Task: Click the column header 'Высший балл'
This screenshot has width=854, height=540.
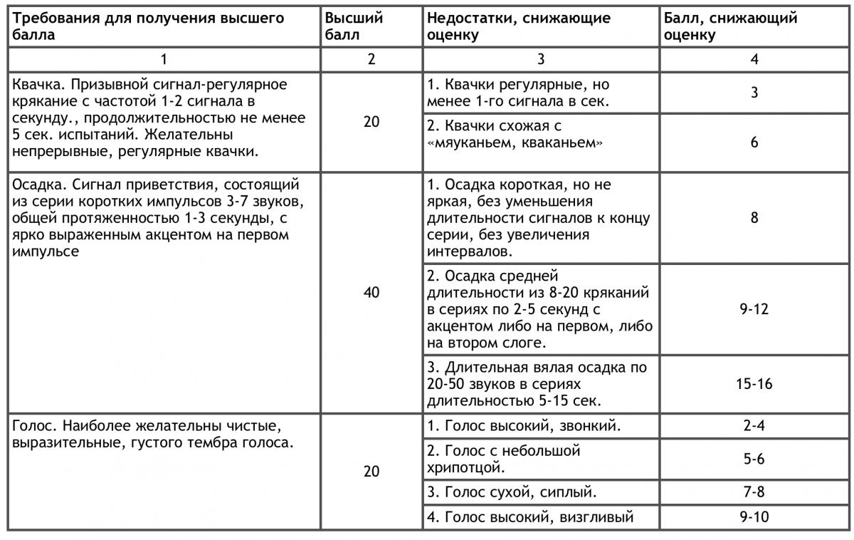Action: tap(354, 26)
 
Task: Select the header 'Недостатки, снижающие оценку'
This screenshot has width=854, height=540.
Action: tap(519, 26)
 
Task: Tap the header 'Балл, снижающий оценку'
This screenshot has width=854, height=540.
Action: tap(730, 26)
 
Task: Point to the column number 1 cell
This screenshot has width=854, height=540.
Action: tap(163, 59)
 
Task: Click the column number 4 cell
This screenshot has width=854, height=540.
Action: tap(754, 59)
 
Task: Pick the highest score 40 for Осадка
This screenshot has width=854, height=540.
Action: tap(371, 292)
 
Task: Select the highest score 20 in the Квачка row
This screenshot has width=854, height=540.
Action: tap(371, 122)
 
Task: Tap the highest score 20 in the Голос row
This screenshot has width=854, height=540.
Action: tap(371, 472)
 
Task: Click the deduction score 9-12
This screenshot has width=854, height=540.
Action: tap(754, 309)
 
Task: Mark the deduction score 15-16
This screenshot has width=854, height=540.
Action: tap(754, 384)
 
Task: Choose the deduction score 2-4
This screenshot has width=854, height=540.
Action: tap(754, 427)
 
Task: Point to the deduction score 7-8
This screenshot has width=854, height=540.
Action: tap(754, 492)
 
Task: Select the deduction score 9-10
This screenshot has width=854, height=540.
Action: tap(754, 517)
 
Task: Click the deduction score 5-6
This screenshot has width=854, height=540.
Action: tap(754, 459)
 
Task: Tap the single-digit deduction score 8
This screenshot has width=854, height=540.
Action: tap(754, 217)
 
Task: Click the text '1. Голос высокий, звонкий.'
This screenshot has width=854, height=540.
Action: tap(524, 427)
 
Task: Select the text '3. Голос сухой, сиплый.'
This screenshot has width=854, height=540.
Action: tap(512, 492)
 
